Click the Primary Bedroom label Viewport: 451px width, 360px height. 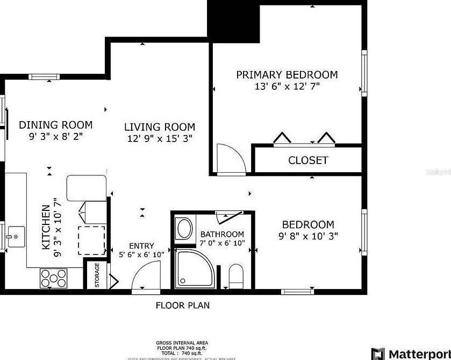point(287,75)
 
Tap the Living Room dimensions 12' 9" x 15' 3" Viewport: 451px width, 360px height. point(159,138)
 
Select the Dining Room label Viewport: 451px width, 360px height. point(55,125)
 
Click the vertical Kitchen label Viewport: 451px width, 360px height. point(46,227)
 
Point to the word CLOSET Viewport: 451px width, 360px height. point(308,160)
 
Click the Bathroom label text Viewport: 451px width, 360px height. point(222,234)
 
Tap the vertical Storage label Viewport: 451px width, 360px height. point(97,275)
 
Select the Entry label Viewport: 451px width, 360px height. point(141,246)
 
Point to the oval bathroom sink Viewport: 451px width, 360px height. point(184,229)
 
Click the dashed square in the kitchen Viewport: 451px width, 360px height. point(92,240)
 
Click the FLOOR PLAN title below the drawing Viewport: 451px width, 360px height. point(183,306)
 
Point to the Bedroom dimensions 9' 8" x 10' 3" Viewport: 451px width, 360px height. point(308,236)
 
